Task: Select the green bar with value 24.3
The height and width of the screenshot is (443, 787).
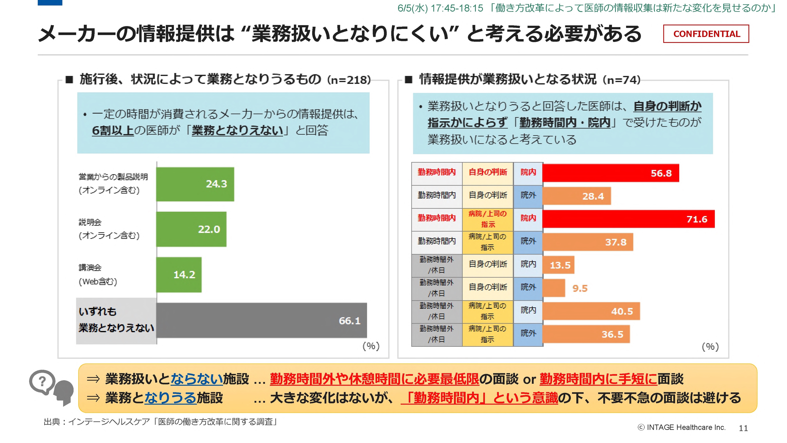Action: coord(195,184)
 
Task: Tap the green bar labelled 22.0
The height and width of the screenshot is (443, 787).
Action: coord(191,229)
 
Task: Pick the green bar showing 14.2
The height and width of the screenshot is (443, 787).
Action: coord(179,275)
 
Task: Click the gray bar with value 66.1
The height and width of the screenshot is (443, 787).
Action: coord(262,320)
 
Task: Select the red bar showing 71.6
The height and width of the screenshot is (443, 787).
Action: coord(628,219)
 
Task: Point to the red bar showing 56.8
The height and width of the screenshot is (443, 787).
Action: coord(610,173)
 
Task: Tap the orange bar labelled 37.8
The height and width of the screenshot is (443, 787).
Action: coord(588,242)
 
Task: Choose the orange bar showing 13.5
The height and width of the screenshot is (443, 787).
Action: coord(558,265)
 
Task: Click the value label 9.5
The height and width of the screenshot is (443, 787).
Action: coord(580,288)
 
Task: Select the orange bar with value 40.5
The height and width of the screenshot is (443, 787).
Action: coord(591,311)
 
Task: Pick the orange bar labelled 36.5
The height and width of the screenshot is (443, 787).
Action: coord(586,334)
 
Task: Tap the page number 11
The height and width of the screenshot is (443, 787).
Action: coord(743,428)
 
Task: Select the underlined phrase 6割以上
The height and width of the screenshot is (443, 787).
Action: coord(113,131)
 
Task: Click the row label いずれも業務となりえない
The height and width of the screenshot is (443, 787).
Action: coord(116,320)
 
